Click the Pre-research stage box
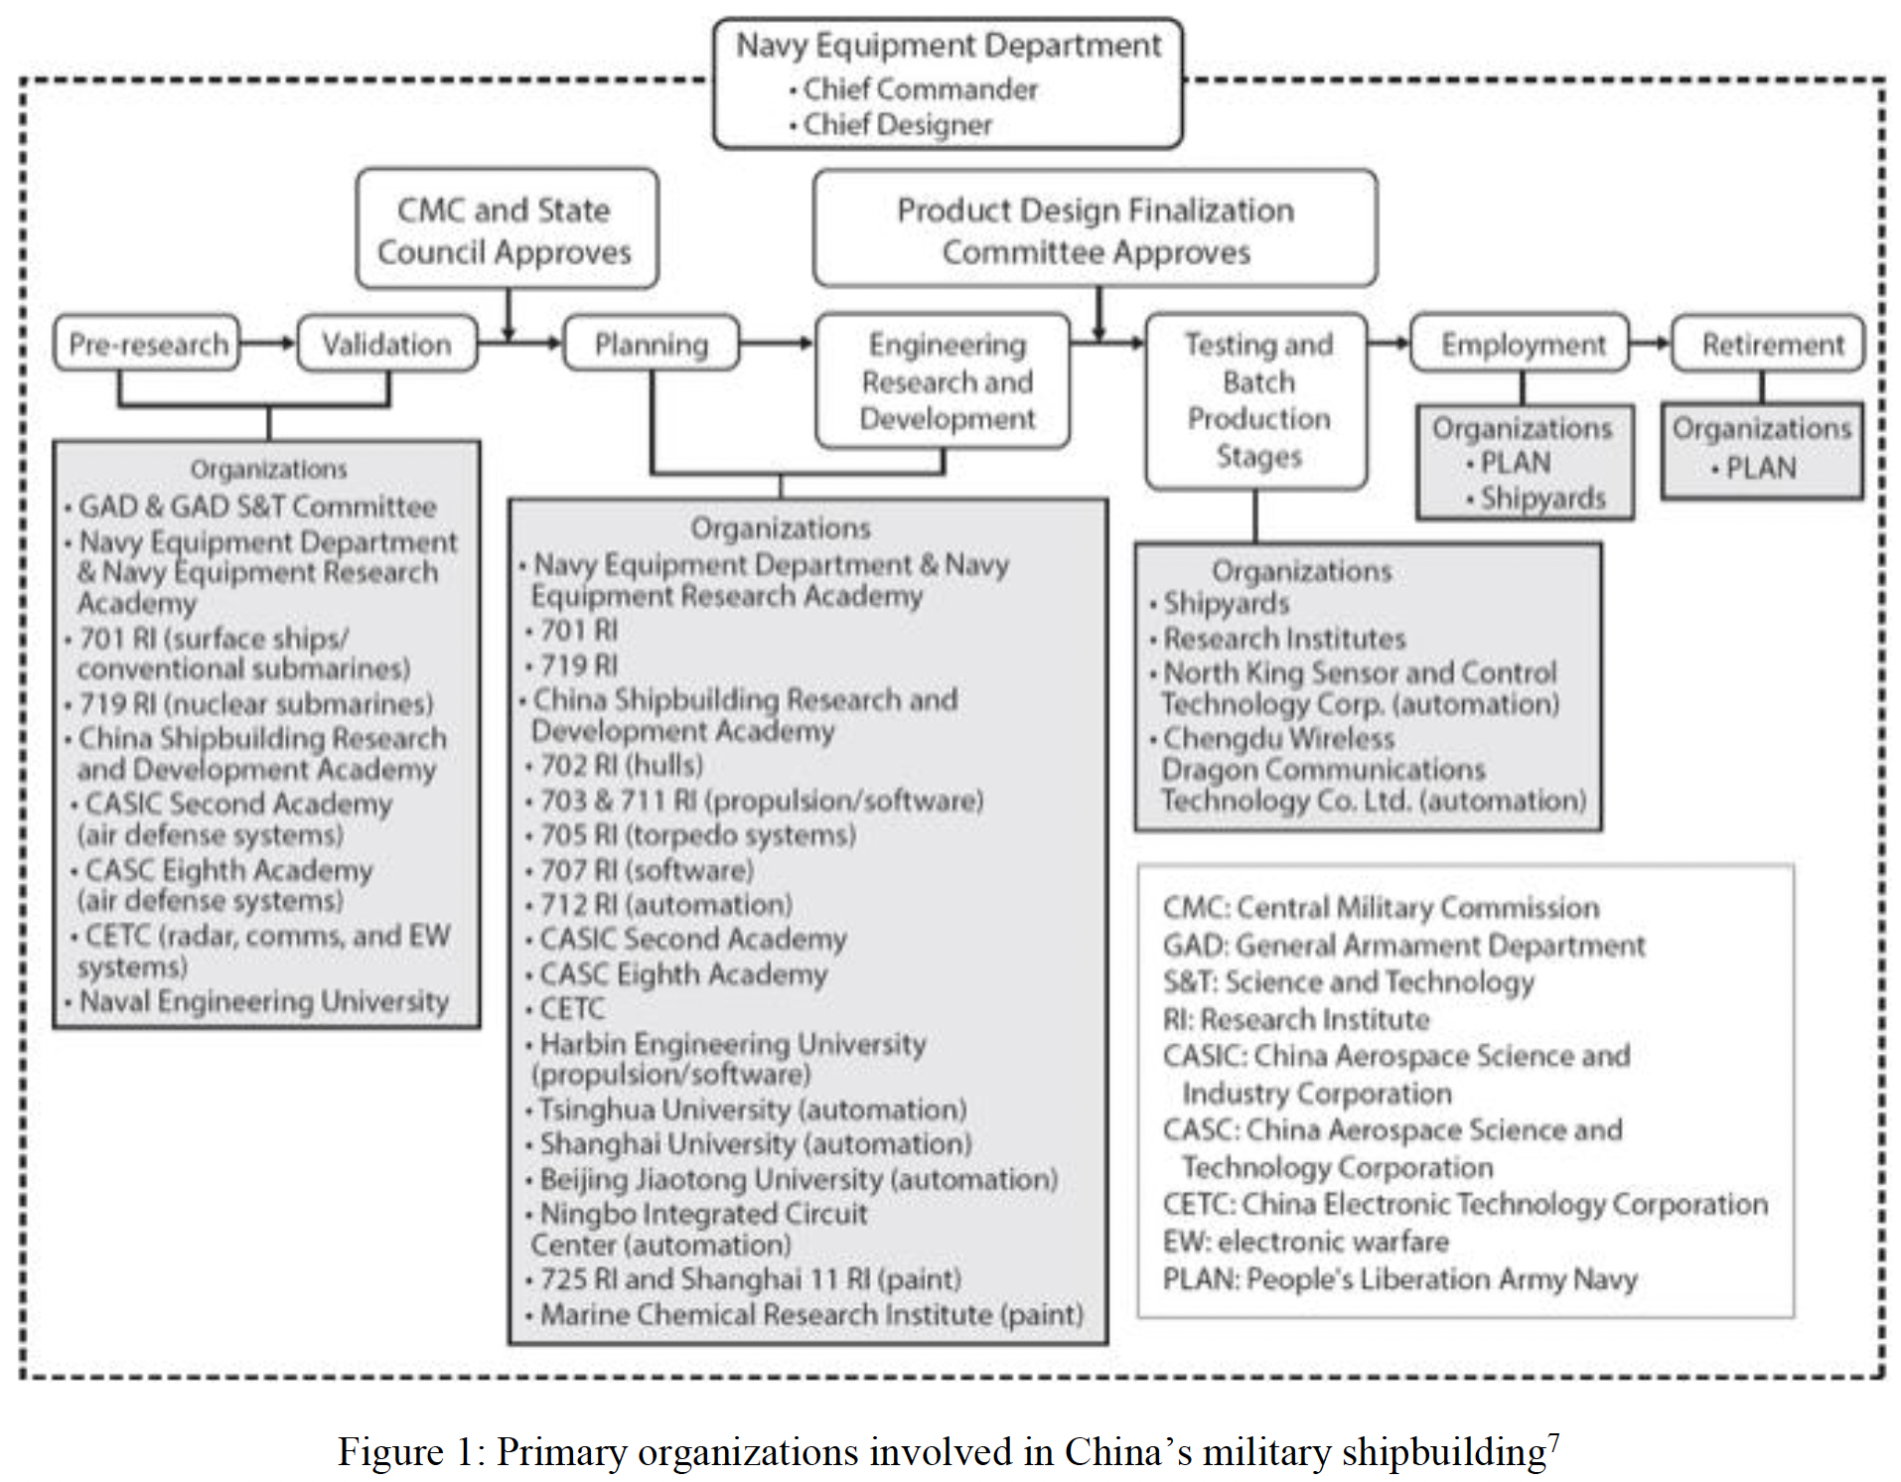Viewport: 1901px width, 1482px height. pos(147,344)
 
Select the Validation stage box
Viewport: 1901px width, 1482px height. pos(386,344)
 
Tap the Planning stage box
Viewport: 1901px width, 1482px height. pos(652,344)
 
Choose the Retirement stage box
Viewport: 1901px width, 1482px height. pos(1768,344)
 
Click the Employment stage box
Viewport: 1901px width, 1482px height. pos(1520,344)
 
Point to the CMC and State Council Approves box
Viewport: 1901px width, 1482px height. pos(507,228)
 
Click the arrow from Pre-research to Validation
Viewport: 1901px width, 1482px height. pos(268,344)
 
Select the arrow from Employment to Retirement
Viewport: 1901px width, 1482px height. pos(1651,344)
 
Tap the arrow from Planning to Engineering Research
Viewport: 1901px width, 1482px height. pos(777,344)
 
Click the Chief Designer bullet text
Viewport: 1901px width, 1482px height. pos(891,125)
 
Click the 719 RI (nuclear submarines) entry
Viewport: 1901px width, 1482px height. pos(249,704)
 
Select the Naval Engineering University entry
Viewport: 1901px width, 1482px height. pos(256,1001)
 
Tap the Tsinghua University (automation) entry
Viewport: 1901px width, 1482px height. pos(746,1110)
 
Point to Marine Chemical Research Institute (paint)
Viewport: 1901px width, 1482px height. pos(804,1315)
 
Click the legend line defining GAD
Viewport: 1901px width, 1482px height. pos(1403,946)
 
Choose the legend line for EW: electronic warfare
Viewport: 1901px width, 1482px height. pos(1305,1242)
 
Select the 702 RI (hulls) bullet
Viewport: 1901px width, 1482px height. pos(614,766)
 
